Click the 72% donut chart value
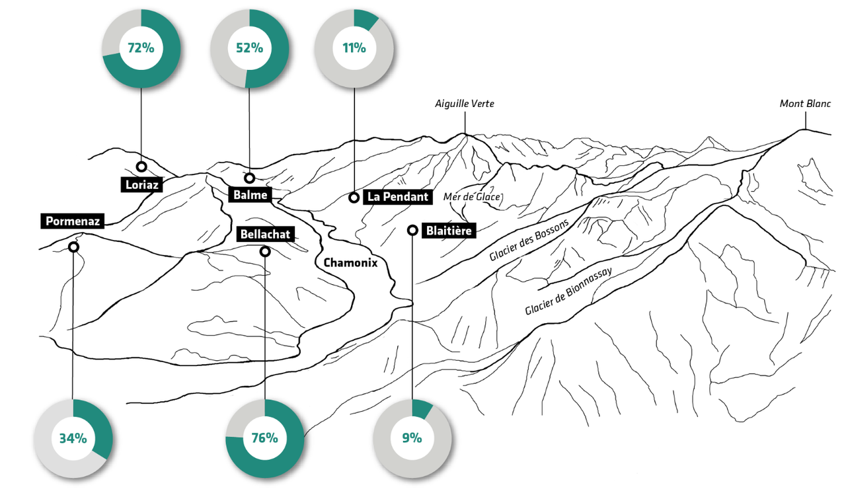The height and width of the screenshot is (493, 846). (x=141, y=48)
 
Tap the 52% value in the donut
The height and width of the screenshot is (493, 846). (x=249, y=48)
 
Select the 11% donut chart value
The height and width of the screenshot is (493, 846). (x=354, y=48)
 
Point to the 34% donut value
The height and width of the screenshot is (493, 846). (x=73, y=438)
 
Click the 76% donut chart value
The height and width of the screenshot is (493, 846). (x=264, y=438)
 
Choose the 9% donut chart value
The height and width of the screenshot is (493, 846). (x=412, y=438)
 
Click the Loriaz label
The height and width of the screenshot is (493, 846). (x=141, y=185)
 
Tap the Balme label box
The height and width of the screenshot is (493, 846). (x=250, y=195)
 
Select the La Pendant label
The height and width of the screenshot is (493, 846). (x=399, y=197)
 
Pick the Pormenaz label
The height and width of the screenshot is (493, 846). (x=73, y=221)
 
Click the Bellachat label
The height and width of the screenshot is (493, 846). (x=265, y=235)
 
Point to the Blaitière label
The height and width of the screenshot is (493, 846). (x=449, y=231)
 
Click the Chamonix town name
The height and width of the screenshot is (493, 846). (x=350, y=262)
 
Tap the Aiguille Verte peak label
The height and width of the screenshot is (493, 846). (x=464, y=104)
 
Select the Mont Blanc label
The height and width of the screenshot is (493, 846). (x=804, y=104)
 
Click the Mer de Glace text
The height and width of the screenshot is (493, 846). (x=472, y=197)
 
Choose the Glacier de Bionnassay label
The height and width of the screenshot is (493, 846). (x=568, y=291)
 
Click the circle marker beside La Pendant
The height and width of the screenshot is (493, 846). (x=354, y=198)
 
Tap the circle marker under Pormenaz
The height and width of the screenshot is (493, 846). (x=73, y=247)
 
